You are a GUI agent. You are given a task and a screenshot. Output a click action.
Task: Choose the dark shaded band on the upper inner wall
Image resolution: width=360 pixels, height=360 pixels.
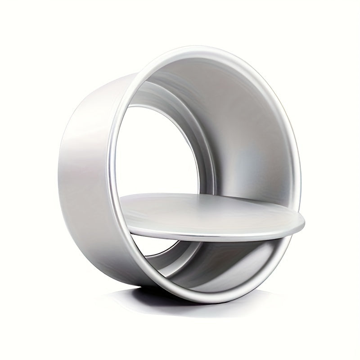(x=189, y=85)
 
